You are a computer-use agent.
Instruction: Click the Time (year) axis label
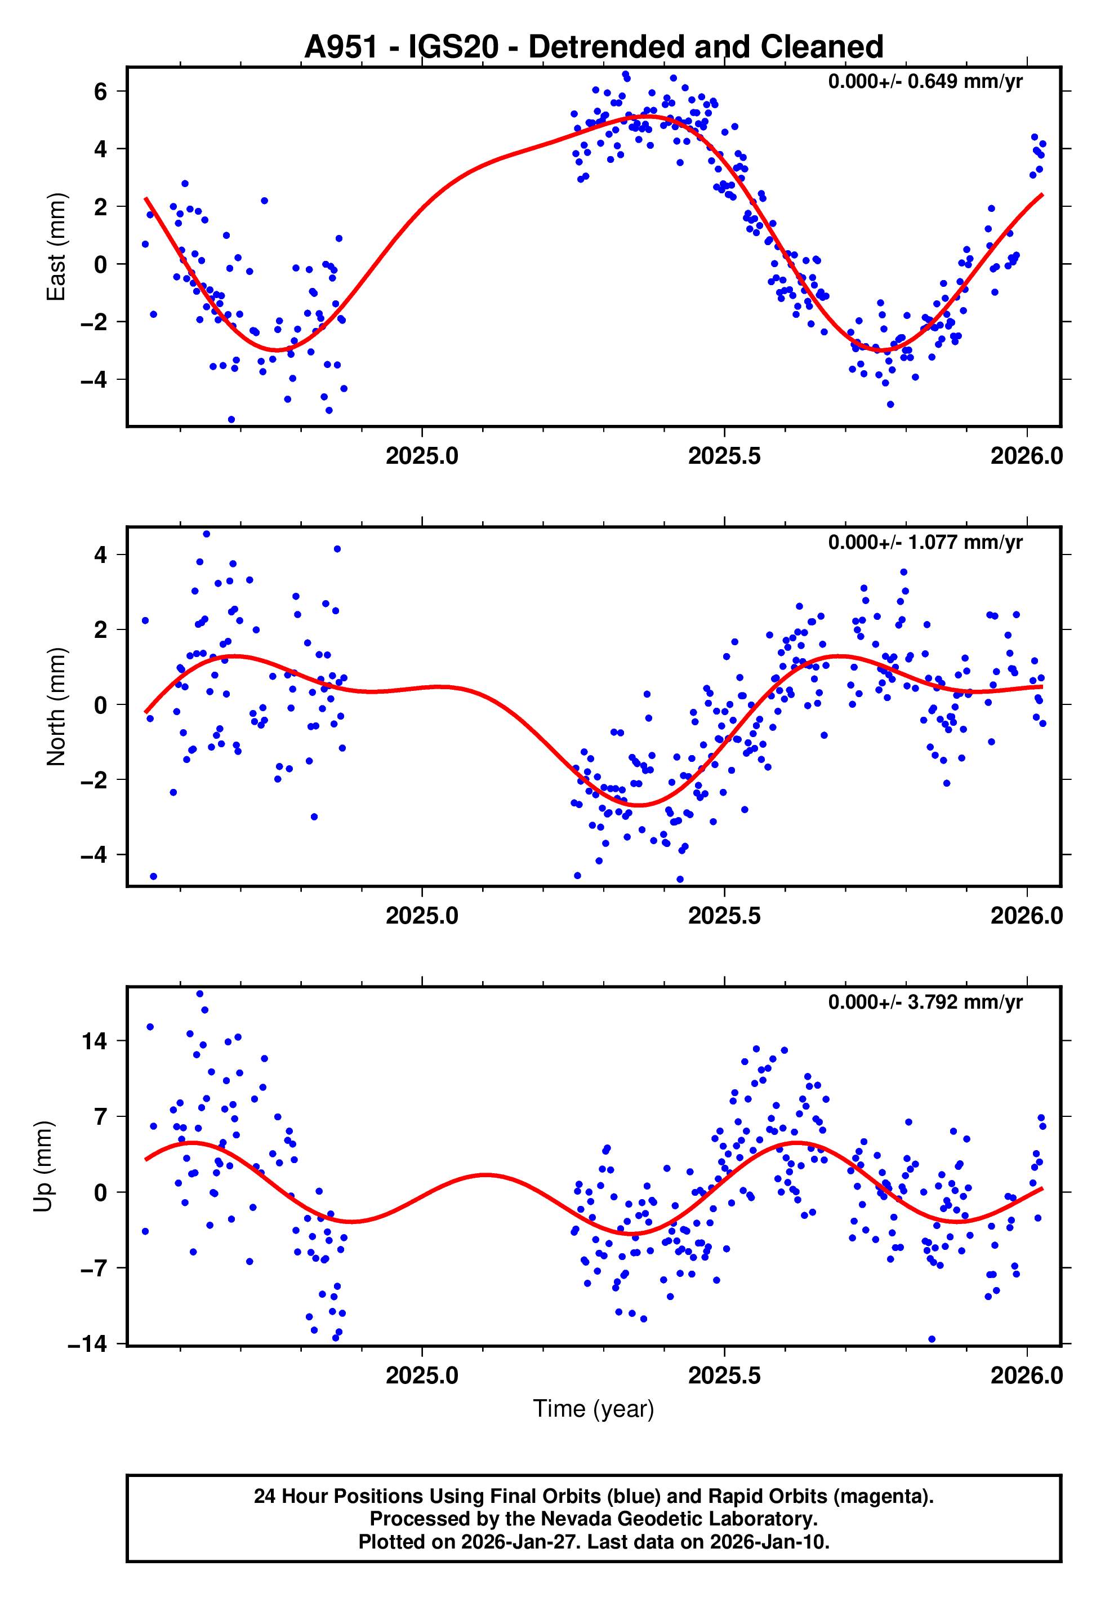click(594, 1409)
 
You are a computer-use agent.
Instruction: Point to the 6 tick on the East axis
click(101, 91)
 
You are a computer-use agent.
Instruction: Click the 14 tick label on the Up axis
click(94, 1041)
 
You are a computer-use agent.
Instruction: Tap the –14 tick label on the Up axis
click(87, 1344)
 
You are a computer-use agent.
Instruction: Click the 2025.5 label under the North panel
click(724, 916)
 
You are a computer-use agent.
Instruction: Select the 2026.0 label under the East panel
click(1026, 456)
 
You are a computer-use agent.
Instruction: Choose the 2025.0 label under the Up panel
click(422, 1376)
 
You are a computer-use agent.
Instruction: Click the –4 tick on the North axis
click(94, 855)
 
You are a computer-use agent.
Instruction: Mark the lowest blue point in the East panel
click(231, 420)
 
